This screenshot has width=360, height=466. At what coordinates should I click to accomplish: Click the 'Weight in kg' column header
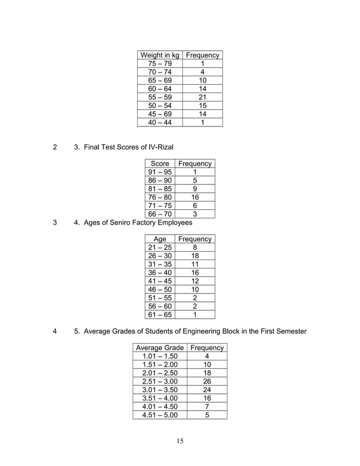pyautogui.click(x=160, y=55)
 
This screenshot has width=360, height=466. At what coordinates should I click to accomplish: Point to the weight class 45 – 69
pyautogui.click(x=160, y=114)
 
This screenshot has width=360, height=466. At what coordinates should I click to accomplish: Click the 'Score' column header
pyautogui.click(x=160, y=164)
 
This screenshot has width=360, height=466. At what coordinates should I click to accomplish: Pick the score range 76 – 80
pyautogui.click(x=160, y=197)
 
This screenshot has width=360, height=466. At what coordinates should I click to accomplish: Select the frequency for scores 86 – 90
pyautogui.click(x=195, y=181)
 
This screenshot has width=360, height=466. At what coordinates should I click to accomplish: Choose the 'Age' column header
pyautogui.click(x=160, y=239)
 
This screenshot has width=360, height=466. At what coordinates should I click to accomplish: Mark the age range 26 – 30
pyautogui.click(x=160, y=256)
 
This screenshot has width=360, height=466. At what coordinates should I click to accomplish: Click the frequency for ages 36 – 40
pyautogui.click(x=195, y=272)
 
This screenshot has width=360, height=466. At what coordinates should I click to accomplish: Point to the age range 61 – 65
pyautogui.click(x=160, y=315)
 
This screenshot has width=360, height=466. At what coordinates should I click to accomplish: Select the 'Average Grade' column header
pyautogui.click(x=160, y=348)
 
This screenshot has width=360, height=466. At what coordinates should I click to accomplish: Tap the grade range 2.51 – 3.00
pyautogui.click(x=160, y=381)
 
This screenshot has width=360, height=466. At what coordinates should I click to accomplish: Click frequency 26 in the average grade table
pyautogui.click(x=207, y=381)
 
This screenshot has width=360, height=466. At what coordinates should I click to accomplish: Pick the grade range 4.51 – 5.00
pyautogui.click(x=160, y=415)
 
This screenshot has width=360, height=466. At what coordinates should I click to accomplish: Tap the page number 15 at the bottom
pyautogui.click(x=179, y=441)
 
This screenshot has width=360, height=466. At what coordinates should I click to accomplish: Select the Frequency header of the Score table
pyautogui.click(x=195, y=164)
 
